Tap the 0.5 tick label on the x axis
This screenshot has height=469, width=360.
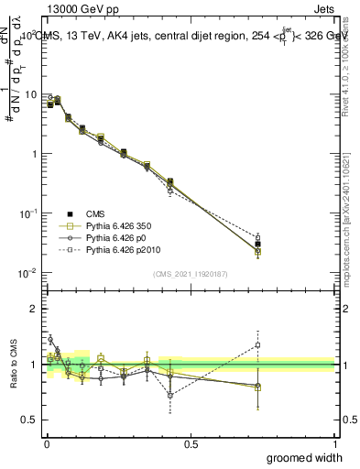tap(190, 443)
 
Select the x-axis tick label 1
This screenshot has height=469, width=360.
tap(333, 443)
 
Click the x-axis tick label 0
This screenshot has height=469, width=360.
tap(46, 443)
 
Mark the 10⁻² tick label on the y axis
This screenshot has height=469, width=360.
tap(27, 272)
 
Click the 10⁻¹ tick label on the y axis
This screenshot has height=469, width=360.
tap(27, 213)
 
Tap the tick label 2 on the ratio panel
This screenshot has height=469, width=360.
tap(34, 309)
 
